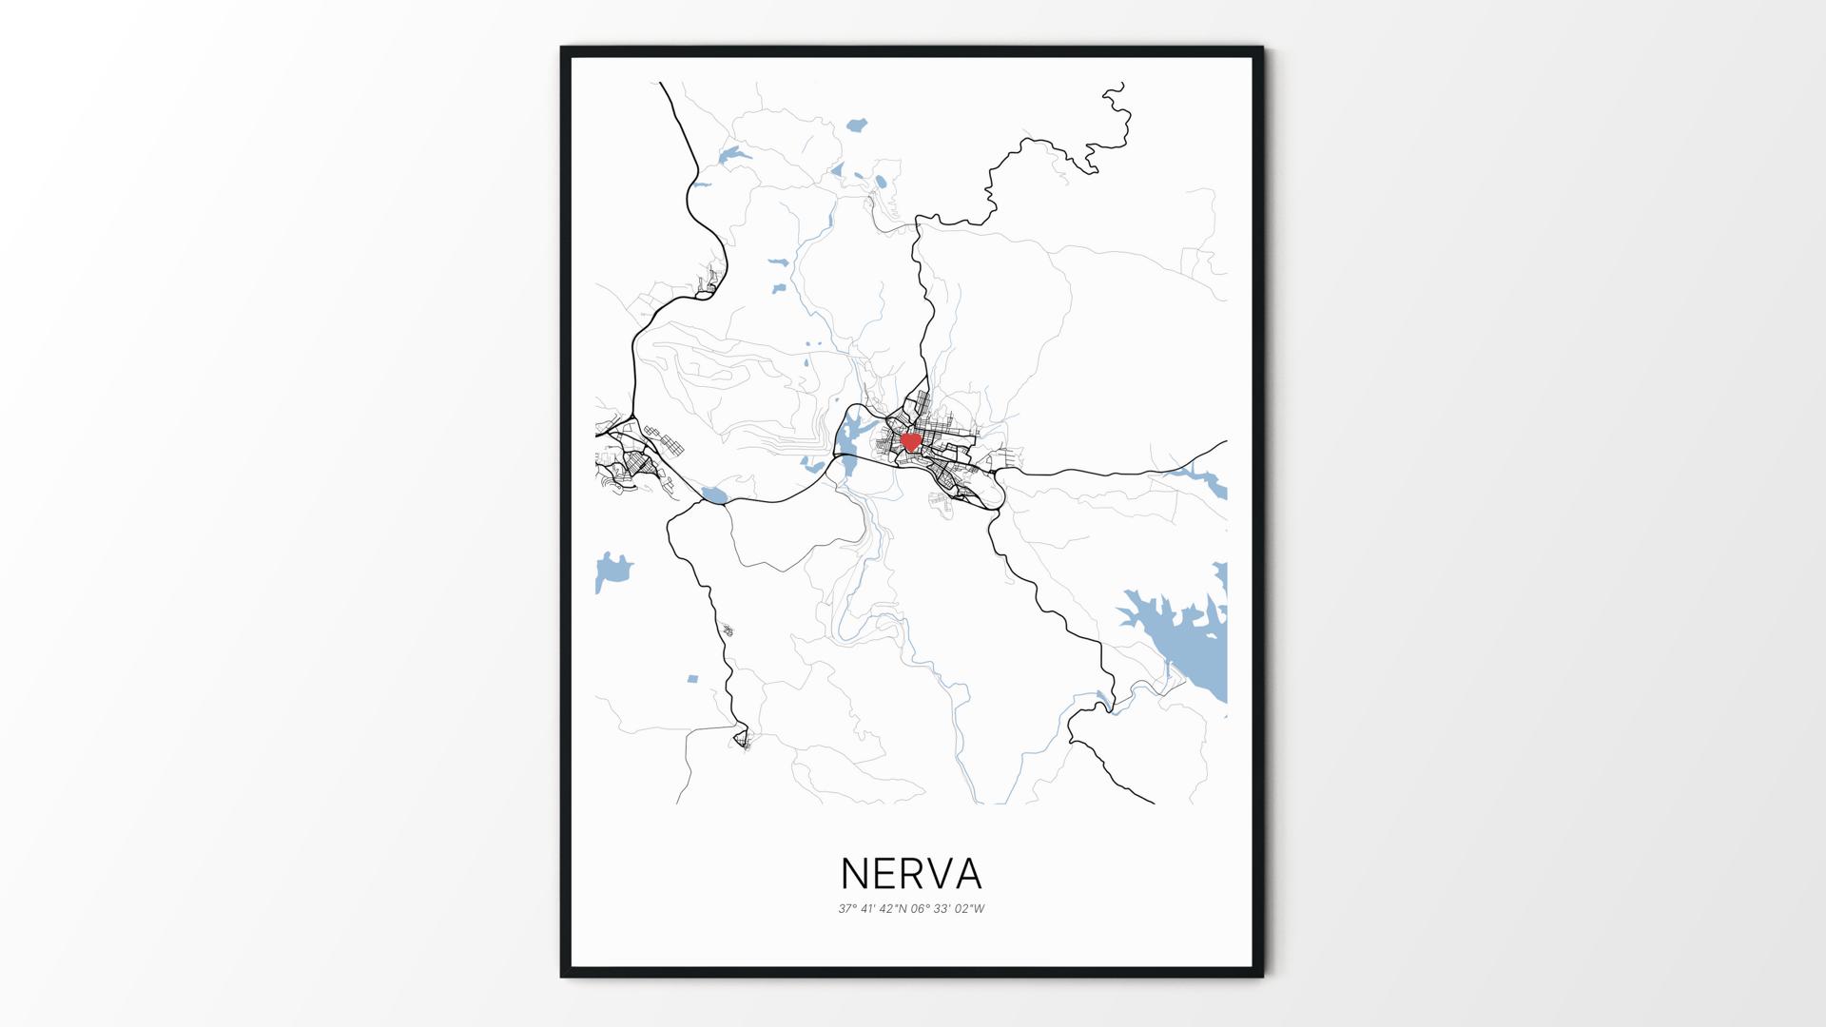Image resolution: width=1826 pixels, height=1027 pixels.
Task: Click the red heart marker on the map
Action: (910, 441)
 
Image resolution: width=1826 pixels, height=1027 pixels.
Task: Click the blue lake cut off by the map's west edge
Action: (610, 572)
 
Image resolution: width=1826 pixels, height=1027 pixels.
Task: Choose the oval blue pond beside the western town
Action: (713, 495)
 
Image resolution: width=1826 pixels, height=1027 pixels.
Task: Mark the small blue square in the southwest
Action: (692, 679)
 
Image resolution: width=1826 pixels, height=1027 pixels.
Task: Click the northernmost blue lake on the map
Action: (856, 125)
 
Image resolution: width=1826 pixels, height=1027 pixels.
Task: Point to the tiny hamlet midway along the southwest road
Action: (728, 630)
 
